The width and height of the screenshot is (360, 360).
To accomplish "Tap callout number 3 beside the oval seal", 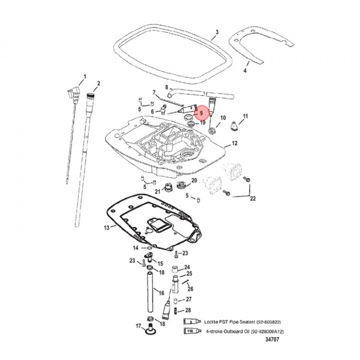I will (216, 33).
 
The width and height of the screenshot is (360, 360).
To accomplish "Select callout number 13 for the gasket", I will (106, 227).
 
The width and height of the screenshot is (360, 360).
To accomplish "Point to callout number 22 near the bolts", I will (252, 198).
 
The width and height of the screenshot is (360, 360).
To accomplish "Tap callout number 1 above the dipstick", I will (84, 76).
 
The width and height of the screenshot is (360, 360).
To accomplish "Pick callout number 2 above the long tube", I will (98, 83).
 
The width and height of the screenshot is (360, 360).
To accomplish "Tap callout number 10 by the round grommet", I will (223, 118).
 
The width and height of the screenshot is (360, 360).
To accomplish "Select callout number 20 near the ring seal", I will (194, 180).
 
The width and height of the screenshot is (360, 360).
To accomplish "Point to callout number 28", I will (188, 310).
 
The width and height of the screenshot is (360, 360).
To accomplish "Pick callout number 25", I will (189, 273).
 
